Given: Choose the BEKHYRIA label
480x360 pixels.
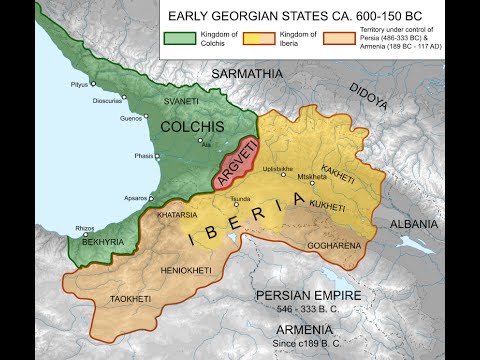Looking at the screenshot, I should pyautogui.click(x=101, y=243).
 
